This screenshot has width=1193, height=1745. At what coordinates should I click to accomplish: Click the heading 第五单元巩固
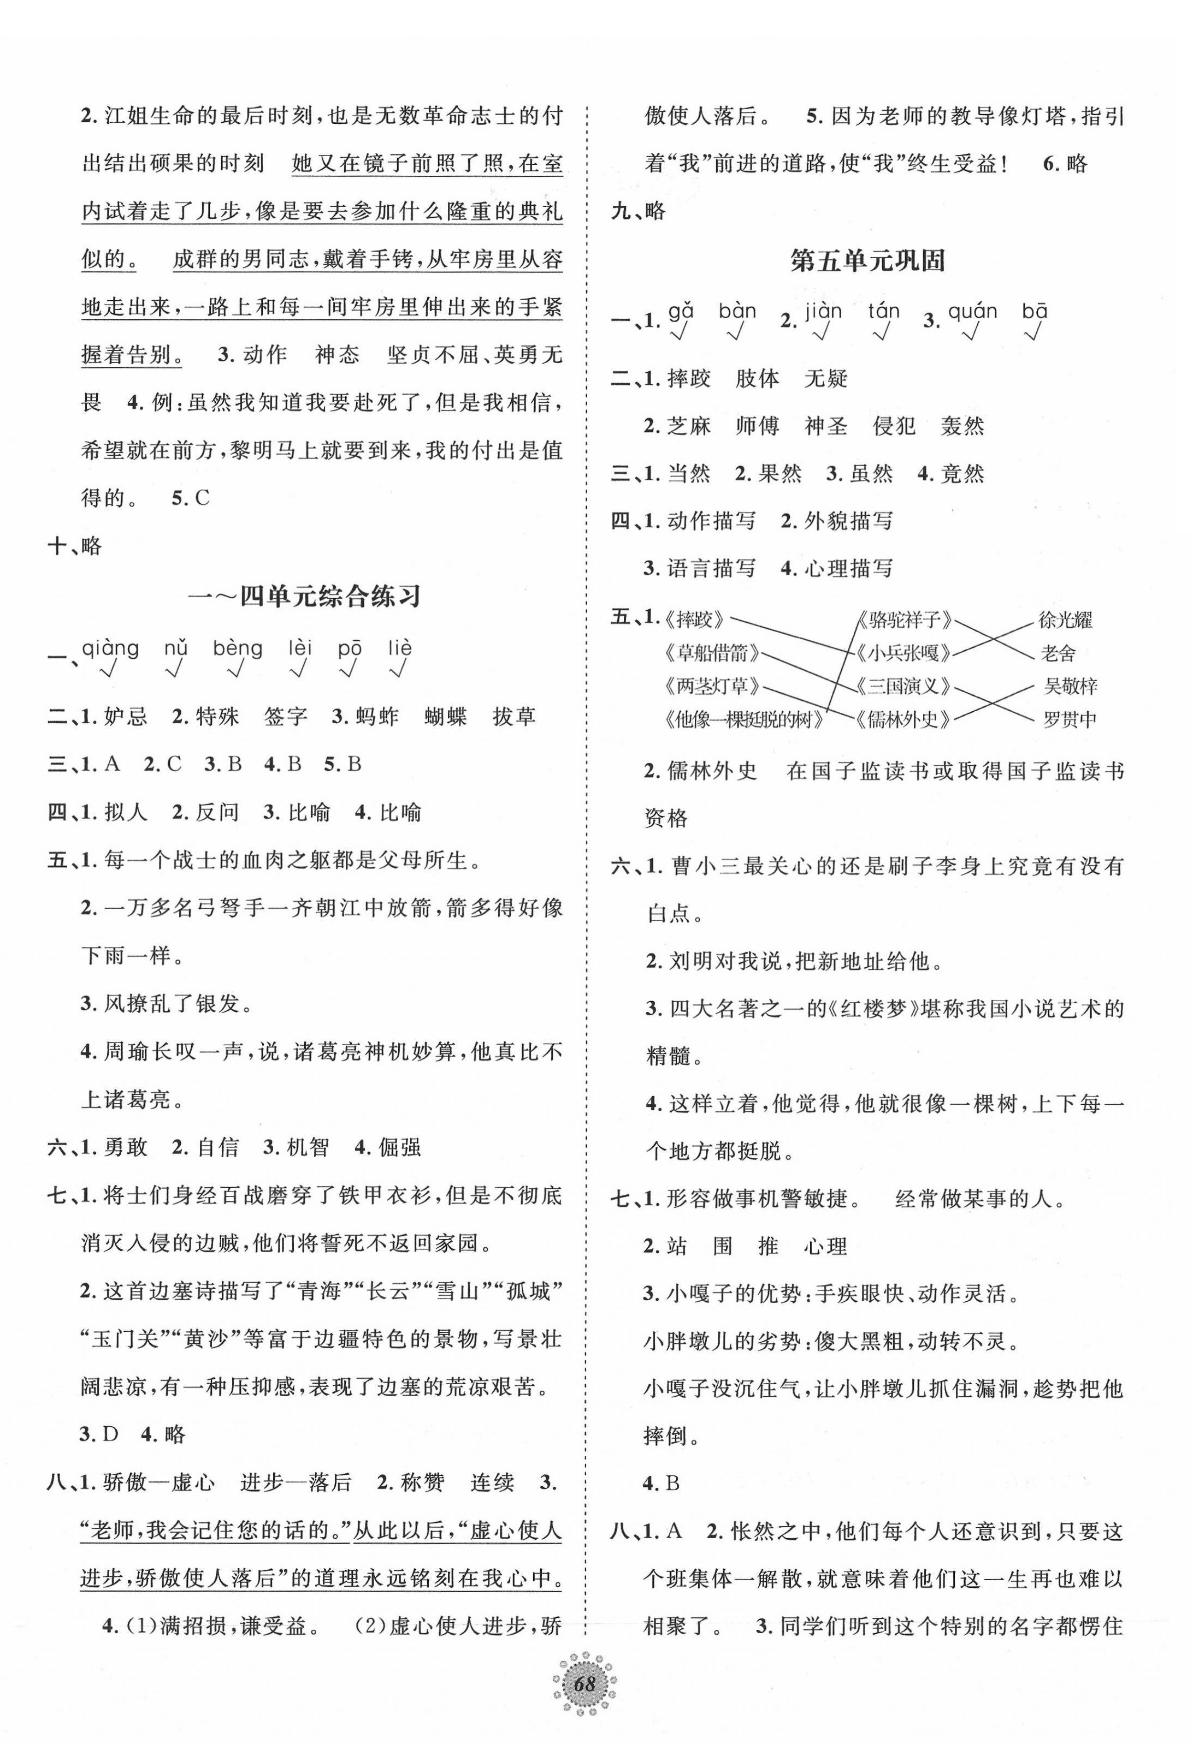click(867, 261)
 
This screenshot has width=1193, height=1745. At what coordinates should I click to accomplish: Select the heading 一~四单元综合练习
click(304, 597)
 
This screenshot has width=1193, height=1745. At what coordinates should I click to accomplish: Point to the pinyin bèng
click(238, 648)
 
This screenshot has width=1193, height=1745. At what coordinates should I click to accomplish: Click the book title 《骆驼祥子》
click(905, 620)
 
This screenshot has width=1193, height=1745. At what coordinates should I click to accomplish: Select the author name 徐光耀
click(1065, 620)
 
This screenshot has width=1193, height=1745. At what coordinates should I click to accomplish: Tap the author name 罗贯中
click(1070, 719)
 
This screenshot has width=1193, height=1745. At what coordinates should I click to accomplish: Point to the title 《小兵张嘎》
click(905, 653)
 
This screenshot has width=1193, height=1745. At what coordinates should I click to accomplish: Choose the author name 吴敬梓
click(1070, 686)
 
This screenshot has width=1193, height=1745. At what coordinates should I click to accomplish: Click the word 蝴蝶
click(446, 716)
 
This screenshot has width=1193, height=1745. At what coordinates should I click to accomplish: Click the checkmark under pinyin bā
click(1035, 332)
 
